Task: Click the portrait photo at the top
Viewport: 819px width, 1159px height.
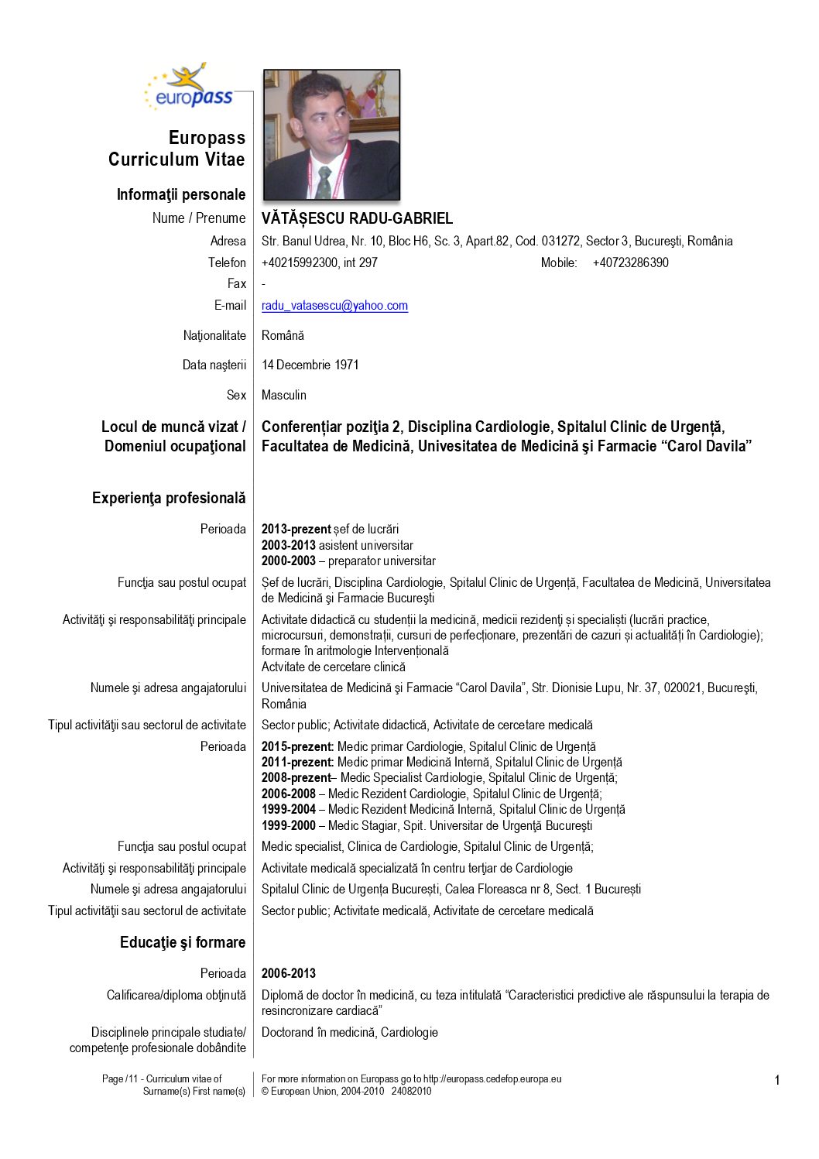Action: [331, 135]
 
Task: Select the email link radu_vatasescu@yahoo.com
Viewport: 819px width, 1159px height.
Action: [334, 306]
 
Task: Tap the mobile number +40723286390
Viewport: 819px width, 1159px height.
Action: [630, 263]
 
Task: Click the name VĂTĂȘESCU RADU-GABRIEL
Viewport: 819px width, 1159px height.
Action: [357, 219]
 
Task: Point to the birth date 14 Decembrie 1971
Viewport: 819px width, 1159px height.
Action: [310, 365]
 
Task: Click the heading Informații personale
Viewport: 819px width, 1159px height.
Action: [181, 194]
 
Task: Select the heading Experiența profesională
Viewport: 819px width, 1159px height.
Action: [169, 498]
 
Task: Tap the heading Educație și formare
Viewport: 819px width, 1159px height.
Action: [183, 942]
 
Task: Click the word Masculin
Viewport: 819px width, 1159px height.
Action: [283, 395]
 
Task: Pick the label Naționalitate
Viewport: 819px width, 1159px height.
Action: [214, 335]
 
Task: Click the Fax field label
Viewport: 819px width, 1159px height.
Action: [236, 284]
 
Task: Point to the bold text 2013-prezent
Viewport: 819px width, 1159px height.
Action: [296, 530]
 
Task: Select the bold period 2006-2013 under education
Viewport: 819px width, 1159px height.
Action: [289, 974]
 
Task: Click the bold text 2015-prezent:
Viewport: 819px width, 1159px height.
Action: [297, 747]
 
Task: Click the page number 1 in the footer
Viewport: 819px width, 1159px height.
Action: [777, 1080]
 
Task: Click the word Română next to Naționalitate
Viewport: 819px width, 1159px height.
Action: [283, 335]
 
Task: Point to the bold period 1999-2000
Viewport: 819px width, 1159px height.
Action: [288, 826]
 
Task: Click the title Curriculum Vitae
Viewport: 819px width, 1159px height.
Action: [176, 159]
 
